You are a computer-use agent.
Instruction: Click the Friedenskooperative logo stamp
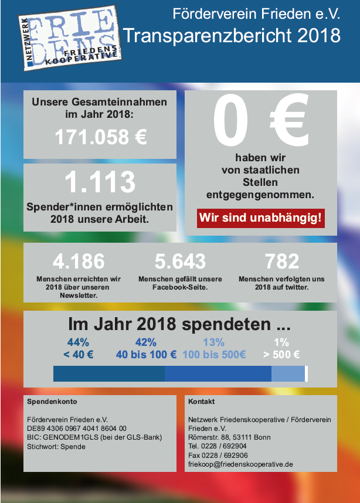(x=70, y=38)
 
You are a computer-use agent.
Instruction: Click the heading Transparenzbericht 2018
(x=232, y=35)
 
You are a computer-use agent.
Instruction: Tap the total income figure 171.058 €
(x=101, y=137)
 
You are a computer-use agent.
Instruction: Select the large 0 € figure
(x=260, y=120)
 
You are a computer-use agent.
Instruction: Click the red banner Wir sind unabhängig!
(x=260, y=218)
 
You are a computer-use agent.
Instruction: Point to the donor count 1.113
(x=100, y=182)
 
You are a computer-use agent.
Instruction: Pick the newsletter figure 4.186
(x=79, y=261)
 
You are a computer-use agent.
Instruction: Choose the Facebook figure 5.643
(x=180, y=261)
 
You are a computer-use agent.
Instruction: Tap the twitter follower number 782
(x=281, y=261)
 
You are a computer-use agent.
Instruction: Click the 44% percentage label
(x=79, y=342)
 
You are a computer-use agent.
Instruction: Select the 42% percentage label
(x=146, y=342)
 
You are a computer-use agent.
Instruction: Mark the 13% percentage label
(x=213, y=342)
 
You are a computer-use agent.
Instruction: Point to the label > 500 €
(x=281, y=355)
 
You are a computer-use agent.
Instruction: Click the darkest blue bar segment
(x=109, y=373)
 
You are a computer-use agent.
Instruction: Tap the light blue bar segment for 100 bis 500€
(x=288, y=373)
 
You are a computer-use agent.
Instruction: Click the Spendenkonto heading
(x=52, y=402)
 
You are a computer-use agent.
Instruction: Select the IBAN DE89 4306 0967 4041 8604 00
(x=77, y=429)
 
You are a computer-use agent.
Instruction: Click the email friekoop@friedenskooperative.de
(x=240, y=464)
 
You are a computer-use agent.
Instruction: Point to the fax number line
(x=218, y=455)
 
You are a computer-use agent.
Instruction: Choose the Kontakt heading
(x=202, y=402)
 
